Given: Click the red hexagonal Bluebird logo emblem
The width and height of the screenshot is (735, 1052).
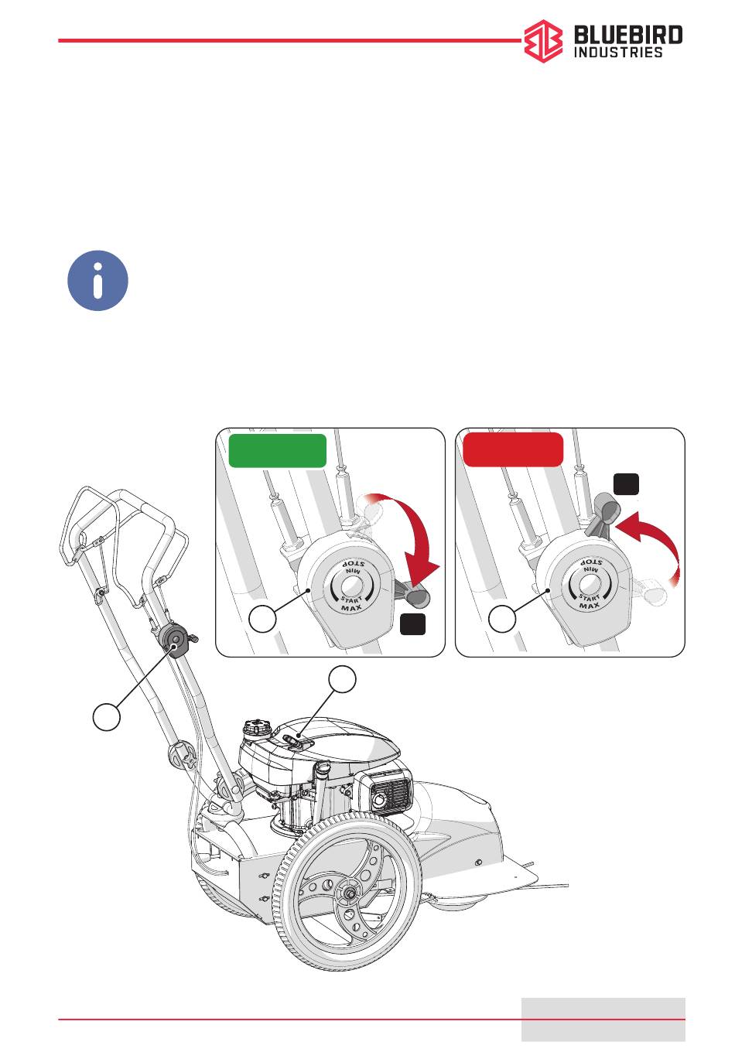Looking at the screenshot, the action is coord(543,41).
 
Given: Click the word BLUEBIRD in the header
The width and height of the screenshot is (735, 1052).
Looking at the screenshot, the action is coord(628,36).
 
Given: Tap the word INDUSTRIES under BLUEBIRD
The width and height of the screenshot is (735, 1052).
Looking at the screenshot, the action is coord(617,52).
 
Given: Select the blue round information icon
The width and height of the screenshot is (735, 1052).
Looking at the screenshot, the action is coord(97,280).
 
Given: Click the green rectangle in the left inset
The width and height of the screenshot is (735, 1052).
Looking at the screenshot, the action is coord(277,451).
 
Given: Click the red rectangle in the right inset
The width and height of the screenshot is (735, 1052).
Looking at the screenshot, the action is coord(513,449).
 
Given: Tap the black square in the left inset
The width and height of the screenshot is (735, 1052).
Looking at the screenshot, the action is coord(413,625).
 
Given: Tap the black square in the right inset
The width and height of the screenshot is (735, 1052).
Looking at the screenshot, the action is coord(626,484).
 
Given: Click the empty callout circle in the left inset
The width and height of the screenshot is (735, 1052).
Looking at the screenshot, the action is coord(262,620).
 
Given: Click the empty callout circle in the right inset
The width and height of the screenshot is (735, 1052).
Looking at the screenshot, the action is coord(502,620).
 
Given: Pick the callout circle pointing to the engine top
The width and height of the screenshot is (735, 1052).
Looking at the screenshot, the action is coord(342,678).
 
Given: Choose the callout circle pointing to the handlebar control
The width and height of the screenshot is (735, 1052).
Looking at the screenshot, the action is coord(107,716).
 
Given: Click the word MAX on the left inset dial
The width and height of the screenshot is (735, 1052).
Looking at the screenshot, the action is coord(351,608).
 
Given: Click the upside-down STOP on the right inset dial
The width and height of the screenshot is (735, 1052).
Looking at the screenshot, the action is coord(590,562).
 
